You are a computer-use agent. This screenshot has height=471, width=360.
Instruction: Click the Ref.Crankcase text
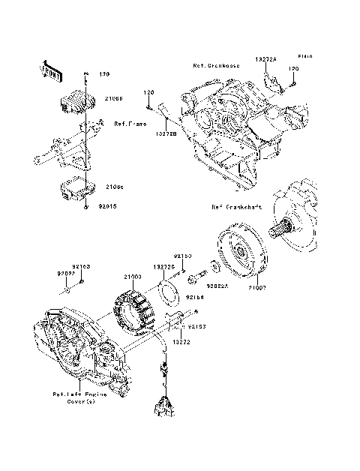pos(216,65)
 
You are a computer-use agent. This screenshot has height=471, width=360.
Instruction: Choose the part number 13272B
pos(166,133)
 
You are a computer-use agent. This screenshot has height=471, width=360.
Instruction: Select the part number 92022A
pos(217,285)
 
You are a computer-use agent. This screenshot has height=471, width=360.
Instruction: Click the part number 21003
pos(133,277)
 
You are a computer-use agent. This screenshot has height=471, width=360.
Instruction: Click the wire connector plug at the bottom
pos(161,406)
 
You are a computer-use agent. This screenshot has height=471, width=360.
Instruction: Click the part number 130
pos(104,74)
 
